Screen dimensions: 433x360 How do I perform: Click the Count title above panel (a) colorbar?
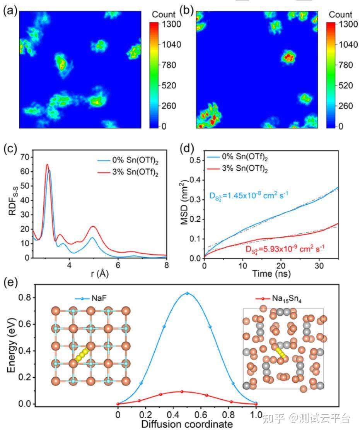click(x=164, y=15)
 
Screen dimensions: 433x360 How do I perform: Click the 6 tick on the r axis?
click(x=118, y=266)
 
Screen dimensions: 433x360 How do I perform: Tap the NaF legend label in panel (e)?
click(x=101, y=299)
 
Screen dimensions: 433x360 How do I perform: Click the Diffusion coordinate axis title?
click(x=187, y=424)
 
